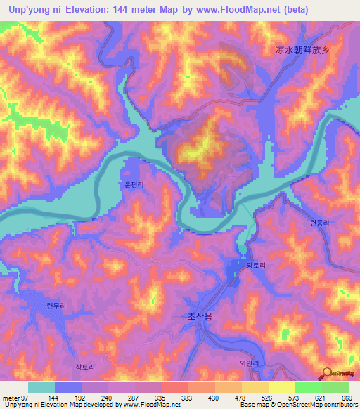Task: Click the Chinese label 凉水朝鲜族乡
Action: click(302, 50)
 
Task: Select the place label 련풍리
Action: click(319, 222)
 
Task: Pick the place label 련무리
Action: click(56, 306)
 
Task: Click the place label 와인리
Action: click(250, 363)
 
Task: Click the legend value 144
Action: click(55, 398)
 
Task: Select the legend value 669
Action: click(348, 398)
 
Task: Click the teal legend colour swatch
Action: click(41, 387)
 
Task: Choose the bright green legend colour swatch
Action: click(308, 387)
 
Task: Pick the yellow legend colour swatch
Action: click(281, 387)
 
